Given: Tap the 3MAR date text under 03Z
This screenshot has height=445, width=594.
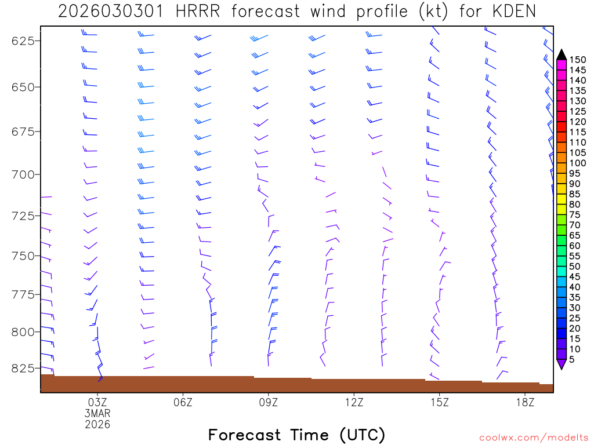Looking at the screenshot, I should [97, 413].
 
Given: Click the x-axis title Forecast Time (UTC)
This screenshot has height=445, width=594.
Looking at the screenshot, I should [296, 435].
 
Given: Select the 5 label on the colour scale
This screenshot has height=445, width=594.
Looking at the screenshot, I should [571, 360].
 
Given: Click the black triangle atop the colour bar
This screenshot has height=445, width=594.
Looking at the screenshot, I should [561, 54].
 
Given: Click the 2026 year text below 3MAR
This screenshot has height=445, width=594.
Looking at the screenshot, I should [97, 424].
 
